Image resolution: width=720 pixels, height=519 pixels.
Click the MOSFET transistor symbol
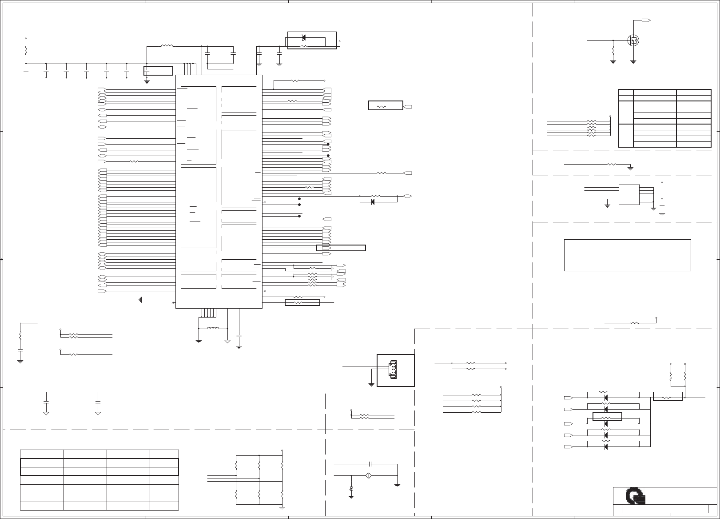pos(633,40)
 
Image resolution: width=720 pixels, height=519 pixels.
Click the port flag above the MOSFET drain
pos(647,20)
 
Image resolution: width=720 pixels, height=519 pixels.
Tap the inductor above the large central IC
pos(167,46)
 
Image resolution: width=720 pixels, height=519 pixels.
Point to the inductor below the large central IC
pos(213,329)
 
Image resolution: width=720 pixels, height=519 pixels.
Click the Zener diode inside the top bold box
pos(303,37)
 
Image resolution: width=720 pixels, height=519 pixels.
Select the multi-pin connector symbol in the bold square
pos(392,370)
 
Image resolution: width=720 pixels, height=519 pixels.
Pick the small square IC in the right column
pos(629,195)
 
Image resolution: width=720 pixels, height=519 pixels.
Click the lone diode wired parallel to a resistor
pos(372,202)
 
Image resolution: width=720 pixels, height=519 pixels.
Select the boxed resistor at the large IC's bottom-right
pos(302,303)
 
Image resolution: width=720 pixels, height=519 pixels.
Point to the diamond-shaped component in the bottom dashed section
pos(368,476)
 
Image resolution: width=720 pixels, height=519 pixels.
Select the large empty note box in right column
pos(627,255)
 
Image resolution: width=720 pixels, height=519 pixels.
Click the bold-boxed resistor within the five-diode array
pos(607,417)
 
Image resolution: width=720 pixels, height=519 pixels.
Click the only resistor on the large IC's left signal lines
pos(134,161)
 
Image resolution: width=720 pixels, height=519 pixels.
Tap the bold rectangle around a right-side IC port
pos(341,248)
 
